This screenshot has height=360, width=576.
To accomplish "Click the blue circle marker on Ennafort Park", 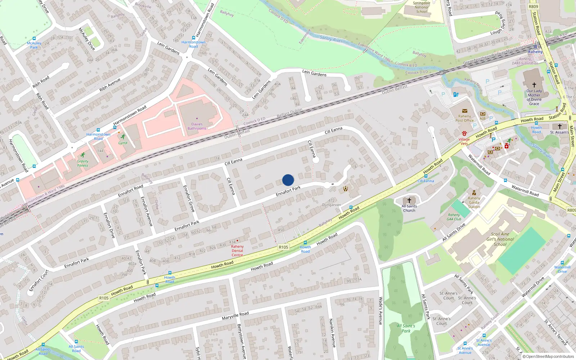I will [288, 180].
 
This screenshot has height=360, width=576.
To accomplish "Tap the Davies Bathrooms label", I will [197, 126].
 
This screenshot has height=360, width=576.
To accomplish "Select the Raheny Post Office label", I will [464, 118].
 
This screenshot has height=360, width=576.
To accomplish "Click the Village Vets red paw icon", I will [464, 134].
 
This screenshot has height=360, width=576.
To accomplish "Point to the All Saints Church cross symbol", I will [409, 200].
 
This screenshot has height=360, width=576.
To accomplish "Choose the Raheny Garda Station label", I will [474, 202].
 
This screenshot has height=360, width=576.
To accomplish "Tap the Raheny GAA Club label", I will [454, 217].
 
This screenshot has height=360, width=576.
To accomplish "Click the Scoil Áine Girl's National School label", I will [500, 239].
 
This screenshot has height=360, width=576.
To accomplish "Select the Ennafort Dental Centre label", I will [237, 251].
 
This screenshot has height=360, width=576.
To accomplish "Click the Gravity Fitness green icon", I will [83, 155].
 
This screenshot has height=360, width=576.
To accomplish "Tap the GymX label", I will [123, 143].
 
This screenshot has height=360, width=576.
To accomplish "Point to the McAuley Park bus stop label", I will [34, 45].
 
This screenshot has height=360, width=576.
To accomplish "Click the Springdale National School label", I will [422, 7].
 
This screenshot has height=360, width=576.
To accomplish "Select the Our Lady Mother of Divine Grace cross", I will [534, 85].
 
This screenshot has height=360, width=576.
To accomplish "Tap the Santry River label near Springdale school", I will [331, 39].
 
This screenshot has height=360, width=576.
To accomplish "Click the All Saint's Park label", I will [406, 328].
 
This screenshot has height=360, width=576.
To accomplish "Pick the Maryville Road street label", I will [235, 316].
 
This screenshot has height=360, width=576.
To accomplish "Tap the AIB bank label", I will [482, 118].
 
